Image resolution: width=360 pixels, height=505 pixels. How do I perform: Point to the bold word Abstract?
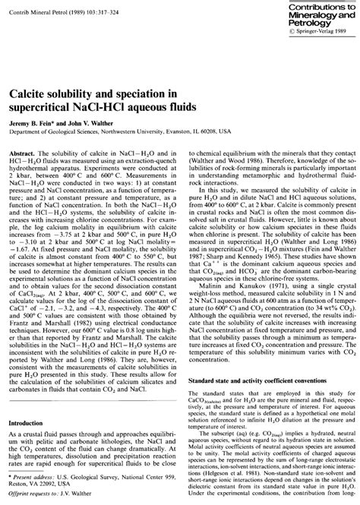tap(37, 153)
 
